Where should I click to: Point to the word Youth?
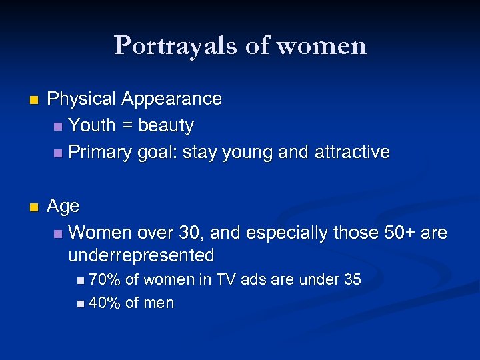pos(92,125)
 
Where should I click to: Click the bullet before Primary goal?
pos(59,153)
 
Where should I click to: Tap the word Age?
pos(63,207)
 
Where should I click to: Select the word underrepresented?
pos(141,255)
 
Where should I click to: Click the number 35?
pos(351,280)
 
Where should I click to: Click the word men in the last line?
pos(159,303)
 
